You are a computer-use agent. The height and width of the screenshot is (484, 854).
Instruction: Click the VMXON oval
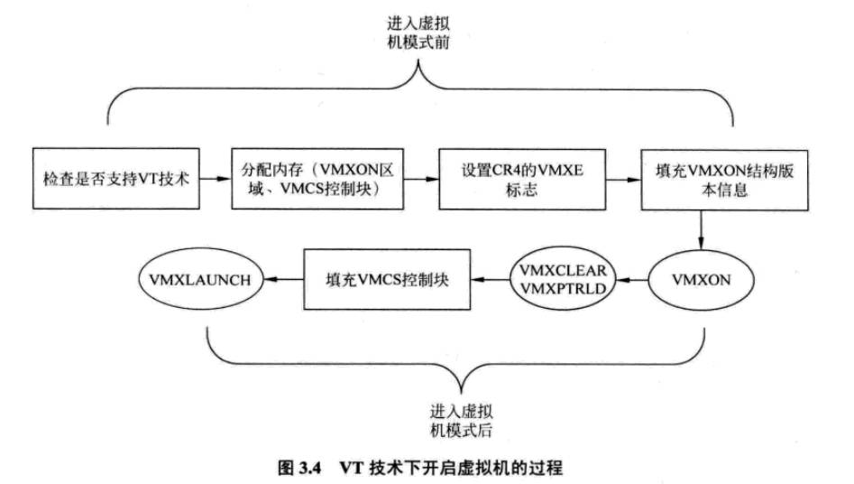[701, 281]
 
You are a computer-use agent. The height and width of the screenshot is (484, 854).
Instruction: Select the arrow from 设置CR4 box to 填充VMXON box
[623, 179]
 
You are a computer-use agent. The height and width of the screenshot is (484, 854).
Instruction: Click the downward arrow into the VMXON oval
[701, 231]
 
